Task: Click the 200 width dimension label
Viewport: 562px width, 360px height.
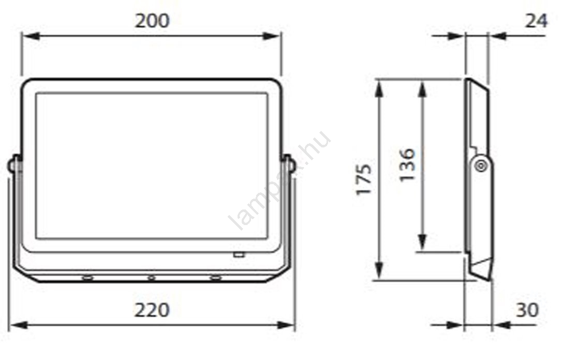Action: (x=152, y=21)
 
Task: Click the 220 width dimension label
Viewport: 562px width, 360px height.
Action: (x=152, y=310)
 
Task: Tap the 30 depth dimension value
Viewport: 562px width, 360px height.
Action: (x=527, y=310)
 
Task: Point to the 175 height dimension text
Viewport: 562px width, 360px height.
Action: (x=364, y=179)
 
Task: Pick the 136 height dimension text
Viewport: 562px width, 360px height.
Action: (x=407, y=164)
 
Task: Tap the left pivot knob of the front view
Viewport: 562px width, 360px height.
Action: (x=13, y=166)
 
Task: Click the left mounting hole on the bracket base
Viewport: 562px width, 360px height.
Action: (x=87, y=278)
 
